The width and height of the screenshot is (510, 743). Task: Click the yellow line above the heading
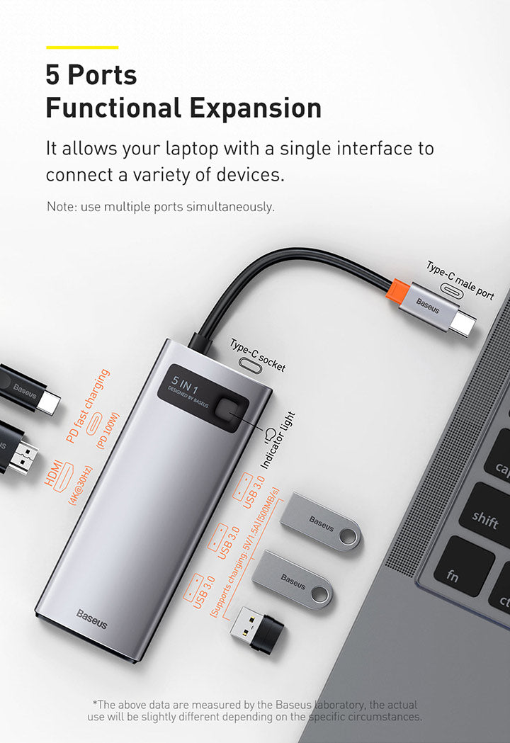(x=82, y=47)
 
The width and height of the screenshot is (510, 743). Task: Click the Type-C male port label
(x=460, y=280)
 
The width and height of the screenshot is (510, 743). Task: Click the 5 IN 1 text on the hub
(x=185, y=385)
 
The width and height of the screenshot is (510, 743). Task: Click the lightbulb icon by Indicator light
(x=270, y=433)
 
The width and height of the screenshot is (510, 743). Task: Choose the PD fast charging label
(x=88, y=406)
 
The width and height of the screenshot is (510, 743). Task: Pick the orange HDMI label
(x=53, y=472)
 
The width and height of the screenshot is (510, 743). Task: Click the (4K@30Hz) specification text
(x=81, y=486)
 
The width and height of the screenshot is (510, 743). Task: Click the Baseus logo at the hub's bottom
(x=92, y=619)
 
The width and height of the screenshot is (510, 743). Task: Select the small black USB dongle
(x=257, y=629)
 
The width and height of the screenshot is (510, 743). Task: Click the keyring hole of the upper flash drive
(x=349, y=537)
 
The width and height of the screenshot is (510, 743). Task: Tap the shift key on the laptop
(x=485, y=519)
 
